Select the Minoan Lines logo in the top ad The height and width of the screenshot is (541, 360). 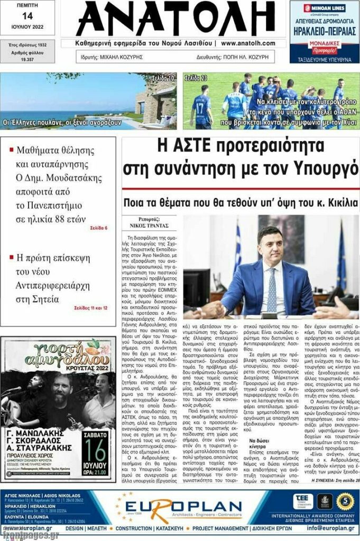pyautogui.click(x=324, y=9)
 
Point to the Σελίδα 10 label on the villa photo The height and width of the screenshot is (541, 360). pyautogui.click(x=163, y=78)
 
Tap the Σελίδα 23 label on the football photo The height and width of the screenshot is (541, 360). pyautogui.click(x=196, y=78)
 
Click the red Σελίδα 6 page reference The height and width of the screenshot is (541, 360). pyautogui.click(x=98, y=228)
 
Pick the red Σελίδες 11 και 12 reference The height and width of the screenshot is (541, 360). pyautogui.click(x=90, y=307)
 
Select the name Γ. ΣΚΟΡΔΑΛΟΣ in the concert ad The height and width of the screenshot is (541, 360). pyautogui.click(x=36, y=427)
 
